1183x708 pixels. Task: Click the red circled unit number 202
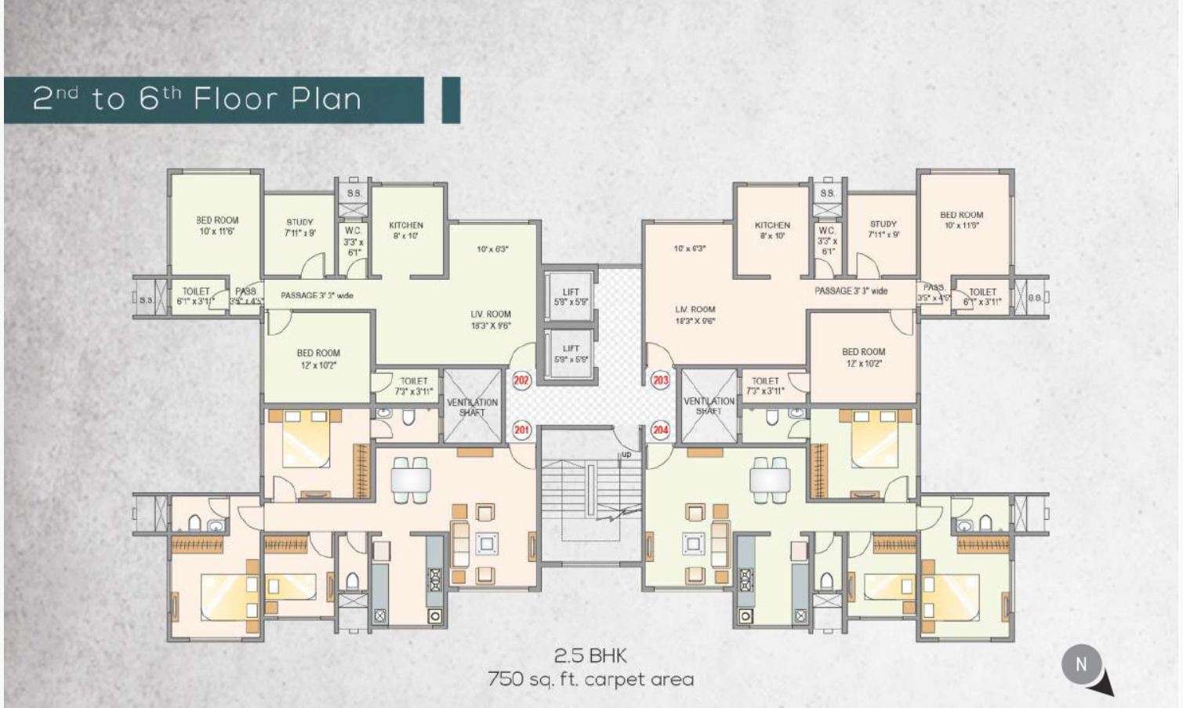(x=521, y=381)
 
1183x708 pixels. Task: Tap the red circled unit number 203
(x=660, y=380)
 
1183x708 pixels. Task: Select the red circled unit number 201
(x=521, y=430)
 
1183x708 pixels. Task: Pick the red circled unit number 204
(x=660, y=430)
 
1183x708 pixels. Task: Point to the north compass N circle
(x=1081, y=664)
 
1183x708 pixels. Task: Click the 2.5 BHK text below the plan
(x=590, y=655)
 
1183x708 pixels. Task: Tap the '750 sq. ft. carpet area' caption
(x=590, y=679)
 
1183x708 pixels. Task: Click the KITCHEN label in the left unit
(x=406, y=230)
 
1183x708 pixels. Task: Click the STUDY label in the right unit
(x=883, y=228)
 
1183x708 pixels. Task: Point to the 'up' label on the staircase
(x=626, y=455)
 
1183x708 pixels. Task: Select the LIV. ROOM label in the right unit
(x=695, y=314)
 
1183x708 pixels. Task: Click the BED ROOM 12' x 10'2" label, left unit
(x=318, y=359)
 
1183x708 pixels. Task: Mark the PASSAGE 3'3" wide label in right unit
(x=851, y=291)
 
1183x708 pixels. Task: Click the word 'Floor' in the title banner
(x=236, y=100)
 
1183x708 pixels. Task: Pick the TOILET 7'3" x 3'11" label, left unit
(x=413, y=386)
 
